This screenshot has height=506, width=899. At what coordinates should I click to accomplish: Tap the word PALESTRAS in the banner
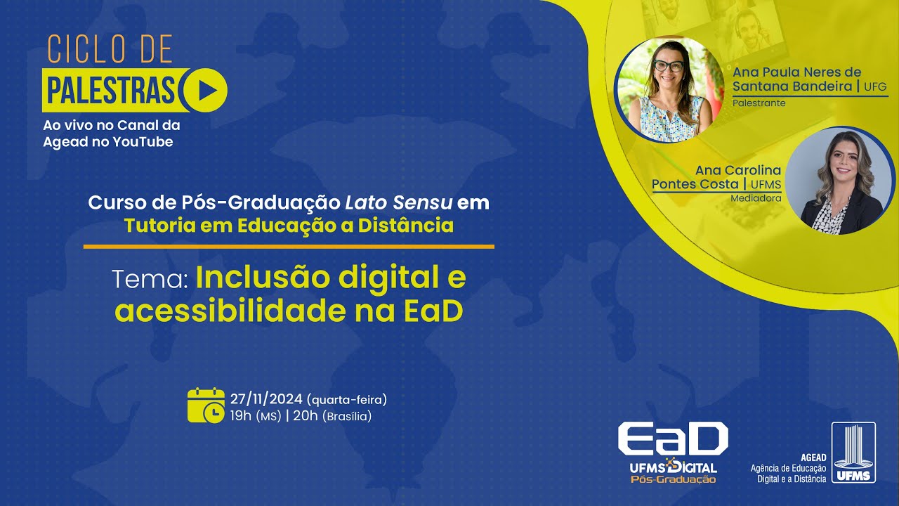click(111, 90)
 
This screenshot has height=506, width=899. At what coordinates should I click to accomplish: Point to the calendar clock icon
click(206, 406)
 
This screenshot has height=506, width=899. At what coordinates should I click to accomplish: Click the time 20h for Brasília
click(306, 416)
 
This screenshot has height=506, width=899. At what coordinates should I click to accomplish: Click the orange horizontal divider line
click(289, 247)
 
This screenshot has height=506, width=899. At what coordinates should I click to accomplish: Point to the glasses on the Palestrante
click(668, 66)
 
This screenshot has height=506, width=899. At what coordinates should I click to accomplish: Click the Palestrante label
click(759, 103)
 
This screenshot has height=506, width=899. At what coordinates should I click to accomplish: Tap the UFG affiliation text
click(877, 86)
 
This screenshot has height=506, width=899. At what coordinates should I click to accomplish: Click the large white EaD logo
click(672, 440)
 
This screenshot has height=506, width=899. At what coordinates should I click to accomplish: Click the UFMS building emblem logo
click(853, 453)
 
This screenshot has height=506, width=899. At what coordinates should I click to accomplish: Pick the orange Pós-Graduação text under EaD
click(673, 479)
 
